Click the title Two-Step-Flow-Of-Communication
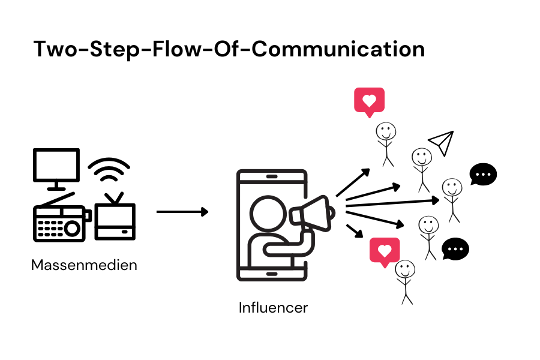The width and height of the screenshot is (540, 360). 229,49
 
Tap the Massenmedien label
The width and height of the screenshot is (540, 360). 84,265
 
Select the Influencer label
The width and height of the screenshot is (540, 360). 273,308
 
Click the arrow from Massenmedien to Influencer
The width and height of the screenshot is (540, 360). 182,212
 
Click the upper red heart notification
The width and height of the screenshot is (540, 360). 369,101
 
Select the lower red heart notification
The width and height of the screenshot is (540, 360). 385,251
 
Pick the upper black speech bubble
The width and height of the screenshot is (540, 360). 483,175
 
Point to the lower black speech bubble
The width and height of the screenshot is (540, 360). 455,248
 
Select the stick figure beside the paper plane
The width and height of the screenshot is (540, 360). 421,168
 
